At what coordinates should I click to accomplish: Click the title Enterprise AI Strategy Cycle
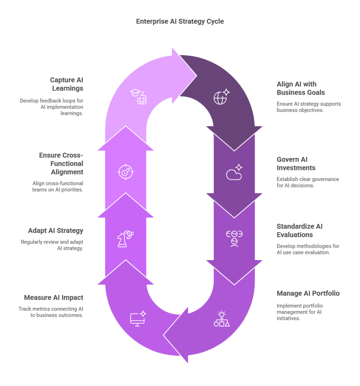pos(180,21)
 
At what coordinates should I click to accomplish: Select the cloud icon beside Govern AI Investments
pos(234,172)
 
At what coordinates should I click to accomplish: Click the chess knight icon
pos(125,239)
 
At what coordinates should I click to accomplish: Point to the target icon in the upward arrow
pos(126,172)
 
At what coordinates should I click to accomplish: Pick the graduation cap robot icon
pos(139,97)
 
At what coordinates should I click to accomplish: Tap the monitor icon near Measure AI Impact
pos(138,319)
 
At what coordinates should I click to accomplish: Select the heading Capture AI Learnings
pos(67,84)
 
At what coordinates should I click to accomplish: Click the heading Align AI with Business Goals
pos(301,88)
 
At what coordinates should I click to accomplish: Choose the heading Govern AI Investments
pos(296,164)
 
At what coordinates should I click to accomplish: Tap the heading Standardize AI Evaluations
pos(299,231)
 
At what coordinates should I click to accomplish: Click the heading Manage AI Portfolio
pos(308,293)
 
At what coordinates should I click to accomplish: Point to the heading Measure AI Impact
pos(53,298)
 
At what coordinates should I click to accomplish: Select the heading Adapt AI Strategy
pos(56,231)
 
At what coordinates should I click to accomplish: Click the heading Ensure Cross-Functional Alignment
pos(61,164)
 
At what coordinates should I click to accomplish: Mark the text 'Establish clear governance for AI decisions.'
pos(308,182)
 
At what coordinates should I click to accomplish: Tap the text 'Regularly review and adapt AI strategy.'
pos(52,245)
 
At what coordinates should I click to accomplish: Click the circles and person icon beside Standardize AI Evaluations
pos(234,239)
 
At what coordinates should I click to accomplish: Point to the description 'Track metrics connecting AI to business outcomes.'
pos(51,312)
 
